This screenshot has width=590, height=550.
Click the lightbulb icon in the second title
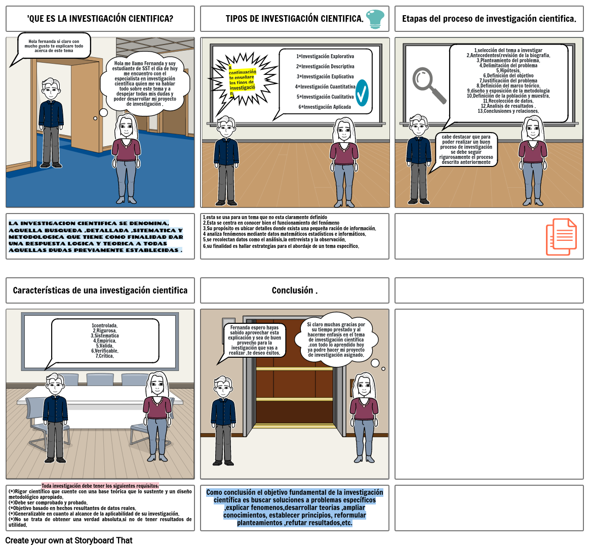pyautogui.click(x=375, y=19)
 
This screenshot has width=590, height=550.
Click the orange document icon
pyautogui.click(x=561, y=236)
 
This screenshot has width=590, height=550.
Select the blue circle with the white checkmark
pyautogui.click(x=362, y=93)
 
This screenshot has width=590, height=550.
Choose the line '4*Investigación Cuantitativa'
pyautogui.click(x=325, y=87)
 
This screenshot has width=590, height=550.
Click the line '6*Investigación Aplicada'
pyautogui.click(x=325, y=107)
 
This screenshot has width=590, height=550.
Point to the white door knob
pyautogui.click(x=95, y=118)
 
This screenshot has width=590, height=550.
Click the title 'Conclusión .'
pyautogui.click(x=294, y=290)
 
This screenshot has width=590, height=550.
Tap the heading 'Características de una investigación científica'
pyautogui.click(x=100, y=290)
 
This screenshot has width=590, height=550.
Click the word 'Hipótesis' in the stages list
pyautogui.click(x=508, y=70)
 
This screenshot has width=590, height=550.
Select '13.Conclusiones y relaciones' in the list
pyautogui.click(x=508, y=111)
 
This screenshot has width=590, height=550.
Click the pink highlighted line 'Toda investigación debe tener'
pyautogui.click(x=100, y=485)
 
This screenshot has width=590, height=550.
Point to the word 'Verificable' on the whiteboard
pyautogui.click(x=105, y=351)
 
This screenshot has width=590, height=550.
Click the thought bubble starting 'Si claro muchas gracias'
pyautogui.click(x=336, y=340)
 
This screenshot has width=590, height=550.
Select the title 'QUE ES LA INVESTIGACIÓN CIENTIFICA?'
pyautogui.click(x=100, y=19)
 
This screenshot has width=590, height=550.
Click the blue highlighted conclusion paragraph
pyautogui.click(x=294, y=507)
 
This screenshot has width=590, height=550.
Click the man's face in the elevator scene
pyautogui.click(x=223, y=388)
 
